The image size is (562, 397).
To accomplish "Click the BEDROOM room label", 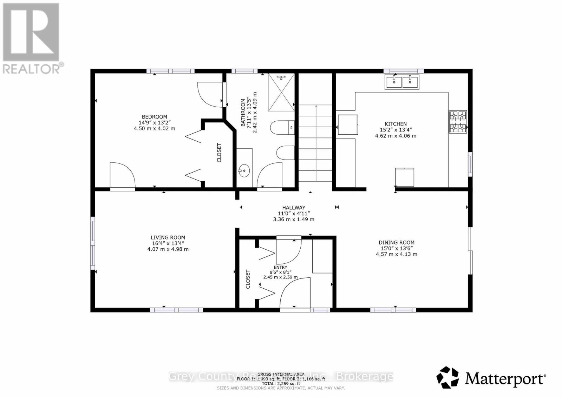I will click(x=154, y=117).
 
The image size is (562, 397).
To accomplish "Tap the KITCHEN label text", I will click(x=396, y=124).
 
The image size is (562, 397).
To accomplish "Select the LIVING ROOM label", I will click(x=168, y=237).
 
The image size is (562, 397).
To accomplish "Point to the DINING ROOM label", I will click(x=396, y=242).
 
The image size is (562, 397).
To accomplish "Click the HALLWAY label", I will click(x=294, y=208).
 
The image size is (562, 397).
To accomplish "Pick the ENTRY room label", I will click(x=280, y=267).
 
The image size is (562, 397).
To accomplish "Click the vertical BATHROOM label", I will click(x=243, y=113).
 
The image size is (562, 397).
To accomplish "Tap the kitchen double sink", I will click(x=402, y=82).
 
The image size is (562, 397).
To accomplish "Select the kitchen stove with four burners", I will click(x=458, y=122).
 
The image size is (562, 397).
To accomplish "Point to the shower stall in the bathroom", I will click(x=281, y=92).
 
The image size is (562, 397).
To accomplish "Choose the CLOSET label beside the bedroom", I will click(x=219, y=153).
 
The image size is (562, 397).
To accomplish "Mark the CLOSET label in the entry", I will click(x=248, y=279).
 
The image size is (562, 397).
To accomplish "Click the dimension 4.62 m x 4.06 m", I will click(x=396, y=136).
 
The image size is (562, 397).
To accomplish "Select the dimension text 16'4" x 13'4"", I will click(x=168, y=243).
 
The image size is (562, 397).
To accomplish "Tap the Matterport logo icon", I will click(x=447, y=377).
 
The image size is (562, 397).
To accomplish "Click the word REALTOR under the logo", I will click(x=32, y=69).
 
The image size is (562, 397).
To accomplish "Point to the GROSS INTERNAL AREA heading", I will click(x=281, y=374).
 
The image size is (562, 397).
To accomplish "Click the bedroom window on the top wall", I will click(x=170, y=71).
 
